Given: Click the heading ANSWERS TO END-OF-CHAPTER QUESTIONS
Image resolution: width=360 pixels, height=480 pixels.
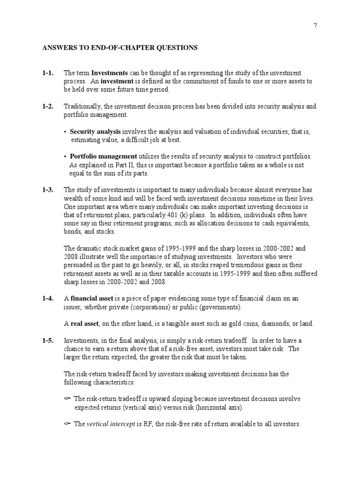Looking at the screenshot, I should click(120, 48).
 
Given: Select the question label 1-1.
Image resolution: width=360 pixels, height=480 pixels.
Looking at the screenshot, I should click(48, 73).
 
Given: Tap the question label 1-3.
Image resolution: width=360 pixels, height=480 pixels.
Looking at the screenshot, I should click(48, 190).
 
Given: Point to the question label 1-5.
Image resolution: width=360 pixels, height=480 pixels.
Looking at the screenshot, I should click(48, 340).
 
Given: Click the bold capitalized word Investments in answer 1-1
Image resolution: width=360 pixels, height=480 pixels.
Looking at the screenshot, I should click(109, 73).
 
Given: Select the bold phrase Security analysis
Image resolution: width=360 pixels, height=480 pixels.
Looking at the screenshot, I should click(95, 132).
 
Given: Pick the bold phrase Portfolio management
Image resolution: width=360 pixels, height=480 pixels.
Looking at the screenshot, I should click(103, 157).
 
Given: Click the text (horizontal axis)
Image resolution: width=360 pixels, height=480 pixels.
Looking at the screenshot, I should click(214, 407).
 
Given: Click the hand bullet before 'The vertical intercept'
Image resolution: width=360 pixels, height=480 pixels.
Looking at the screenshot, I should click(67, 424).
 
